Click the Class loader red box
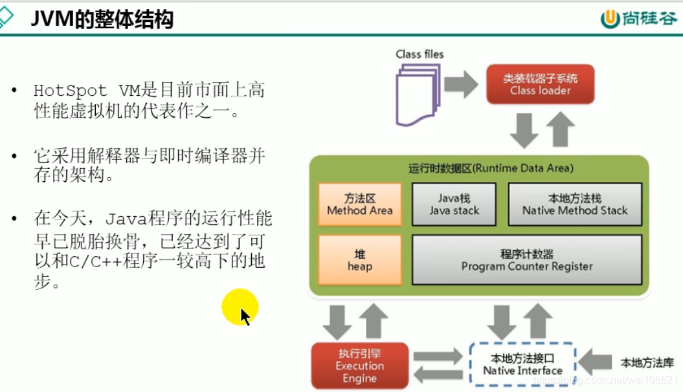tap(540, 85)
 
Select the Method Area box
tap(359, 204)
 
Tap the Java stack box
tap(454, 204)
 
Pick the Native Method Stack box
tap(575, 204)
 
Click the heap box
tap(359, 259)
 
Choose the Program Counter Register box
tap(527, 259)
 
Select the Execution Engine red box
tap(359, 365)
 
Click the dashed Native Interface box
tap(522, 365)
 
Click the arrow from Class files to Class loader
tap(462, 85)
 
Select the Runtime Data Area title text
tap(490, 168)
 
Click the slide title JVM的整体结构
tap(102, 19)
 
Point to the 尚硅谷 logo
tap(638, 19)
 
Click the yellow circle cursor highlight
tap(240, 307)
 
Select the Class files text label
tap(420, 54)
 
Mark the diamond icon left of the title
tap(5, 18)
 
